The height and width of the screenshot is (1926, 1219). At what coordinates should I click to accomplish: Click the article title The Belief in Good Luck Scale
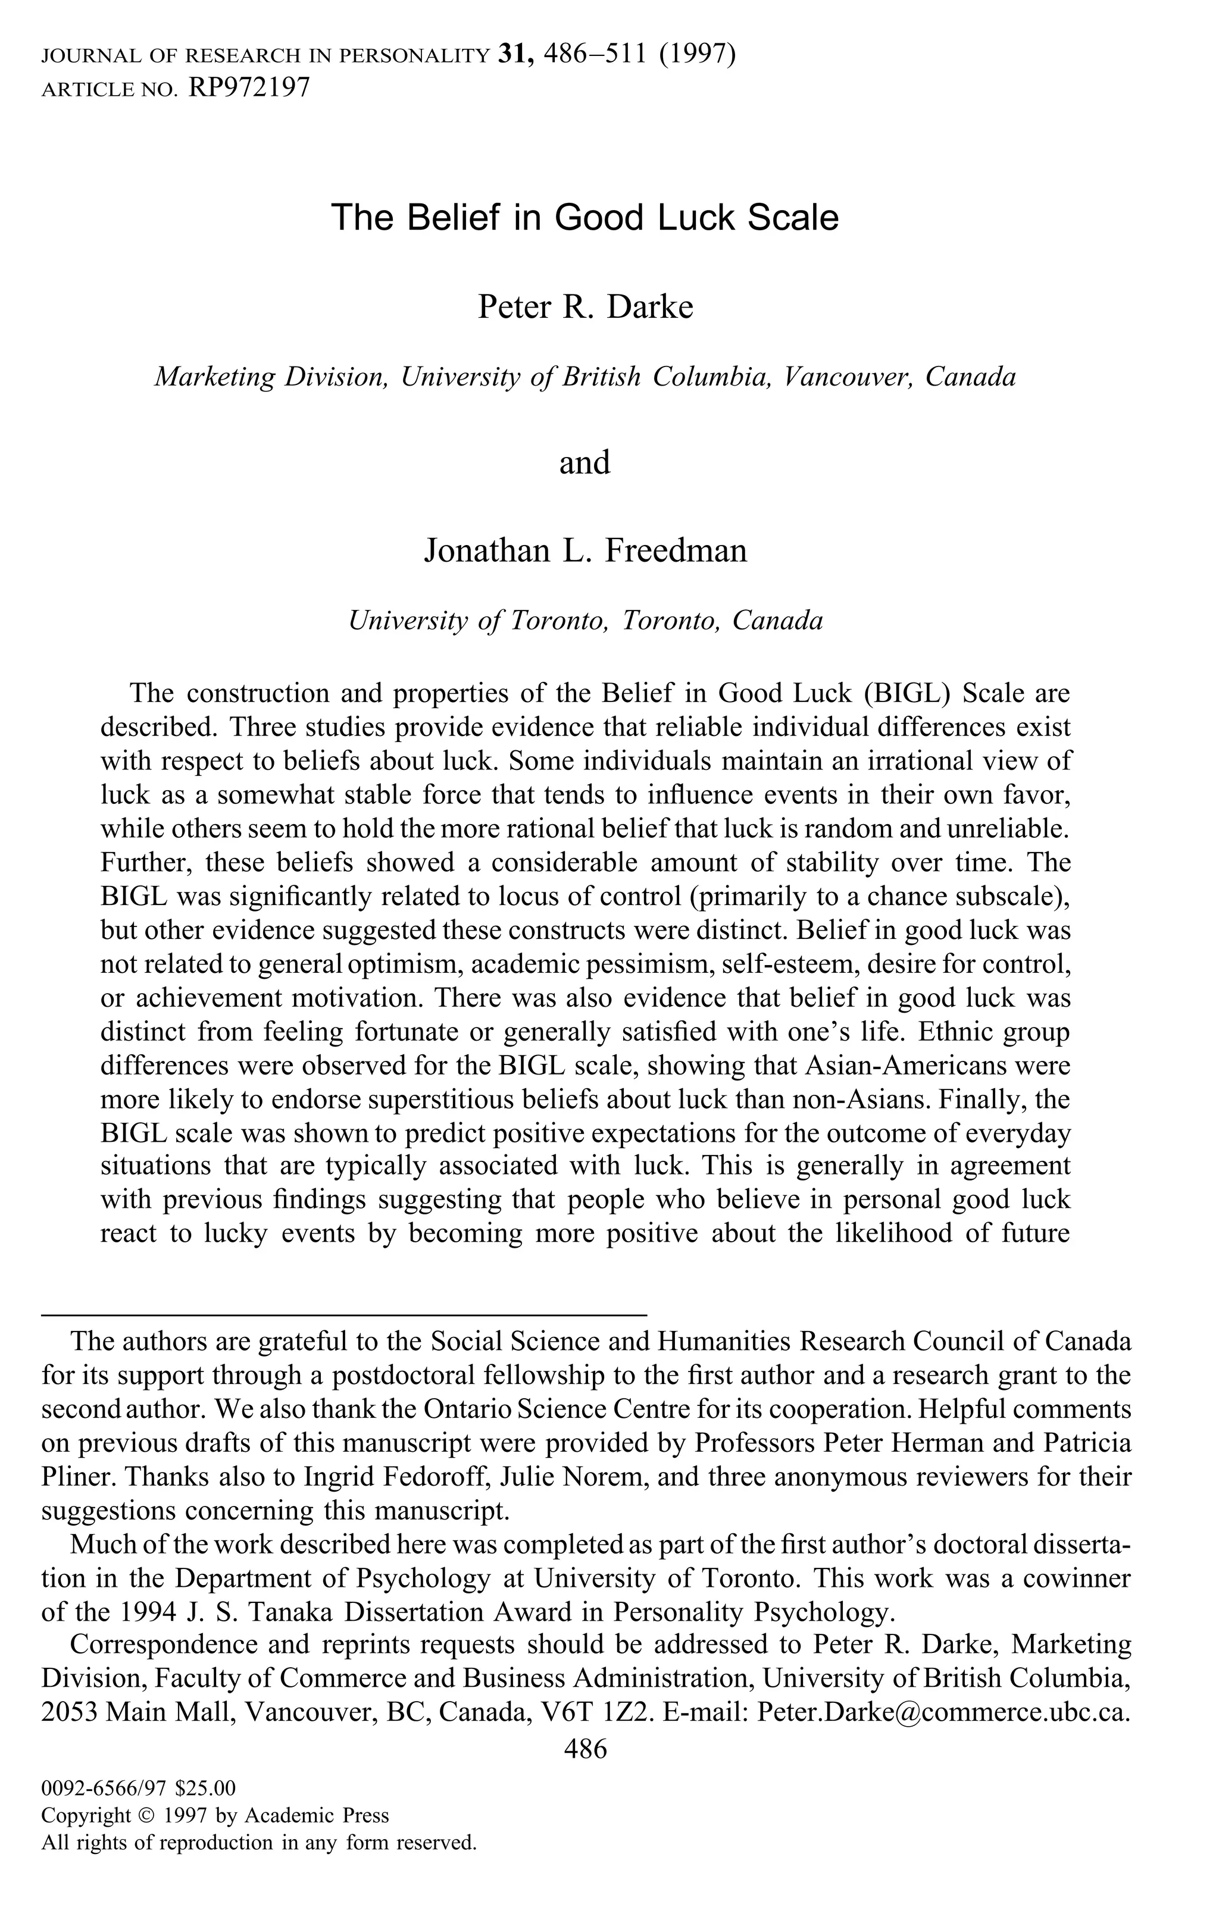[585, 218]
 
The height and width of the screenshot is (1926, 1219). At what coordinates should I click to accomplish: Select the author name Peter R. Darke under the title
[585, 306]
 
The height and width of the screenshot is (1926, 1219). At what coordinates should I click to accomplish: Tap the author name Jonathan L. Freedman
[585, 550]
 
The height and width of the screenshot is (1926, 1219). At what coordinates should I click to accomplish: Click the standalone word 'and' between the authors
[585, 462]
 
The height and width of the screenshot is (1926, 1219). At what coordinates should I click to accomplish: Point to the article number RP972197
[248, 87]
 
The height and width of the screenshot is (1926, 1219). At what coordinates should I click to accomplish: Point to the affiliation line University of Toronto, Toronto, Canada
[585, 621]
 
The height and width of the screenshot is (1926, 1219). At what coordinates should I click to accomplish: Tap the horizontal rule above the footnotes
[344, 1315]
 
